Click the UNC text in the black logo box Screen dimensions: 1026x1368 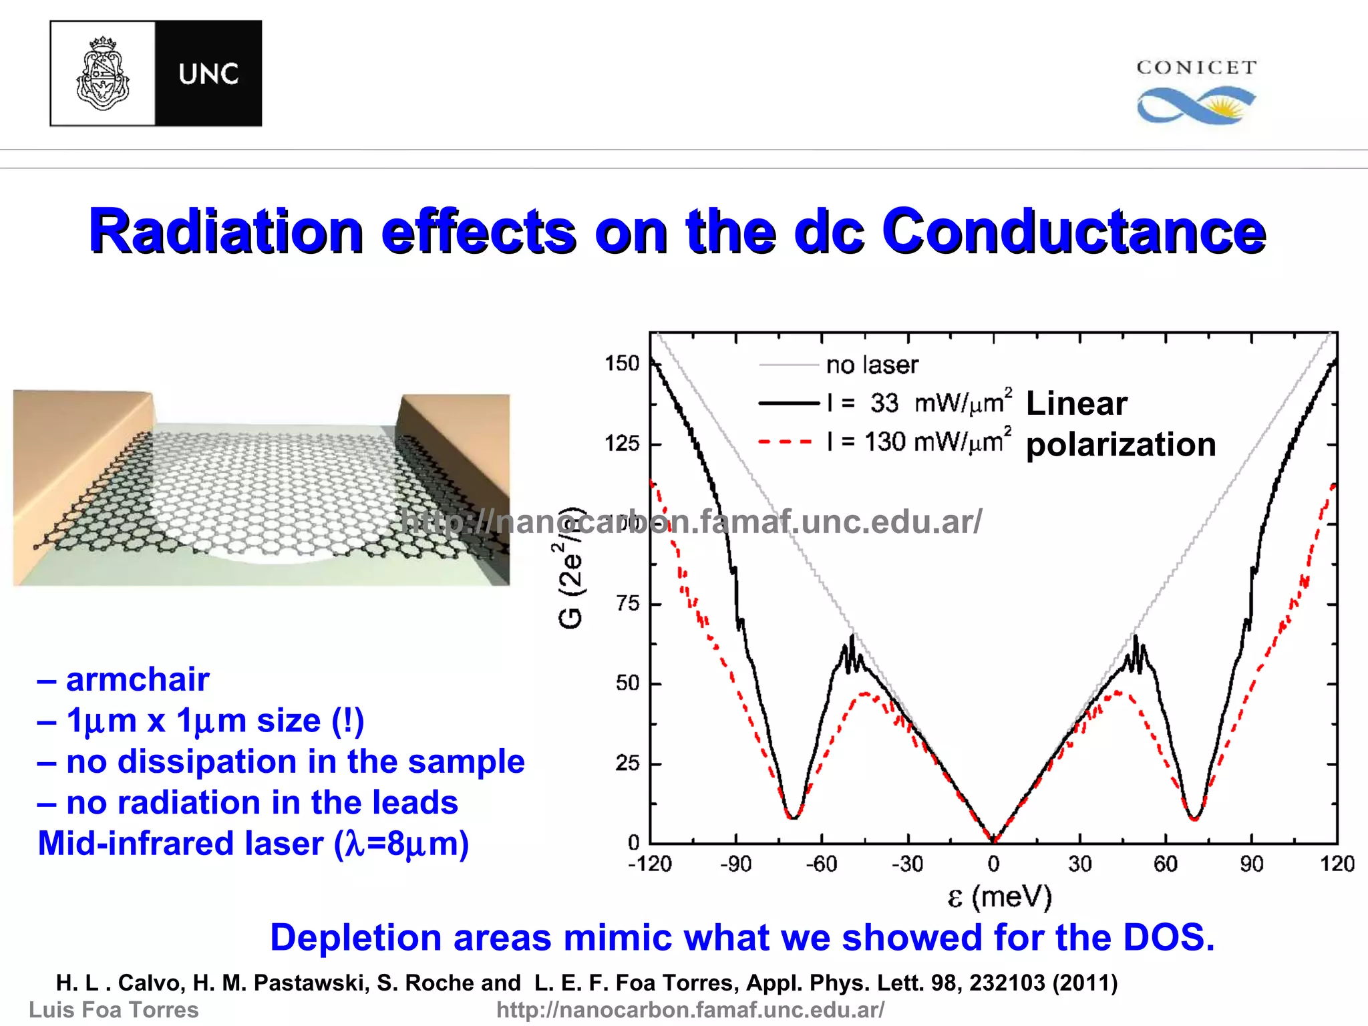[x=208, y=73]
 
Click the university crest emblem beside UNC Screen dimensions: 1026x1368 [x=102, y=73]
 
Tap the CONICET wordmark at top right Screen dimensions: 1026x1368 [x=1196, y=67]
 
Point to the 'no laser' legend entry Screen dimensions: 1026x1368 [x=872, y=365]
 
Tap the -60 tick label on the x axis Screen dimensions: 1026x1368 [x=821, y=864]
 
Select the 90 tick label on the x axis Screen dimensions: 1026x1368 [x=1251, y=864]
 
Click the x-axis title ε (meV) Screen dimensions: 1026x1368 [x=999, y=896]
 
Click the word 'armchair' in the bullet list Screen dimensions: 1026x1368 [x=138, y=679]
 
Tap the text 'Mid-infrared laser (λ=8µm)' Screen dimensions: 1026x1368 [x=253, y=843]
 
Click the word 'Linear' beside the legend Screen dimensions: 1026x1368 [x=1076, y=403]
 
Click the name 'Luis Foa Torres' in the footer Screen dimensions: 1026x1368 [x=114, y=1009]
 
